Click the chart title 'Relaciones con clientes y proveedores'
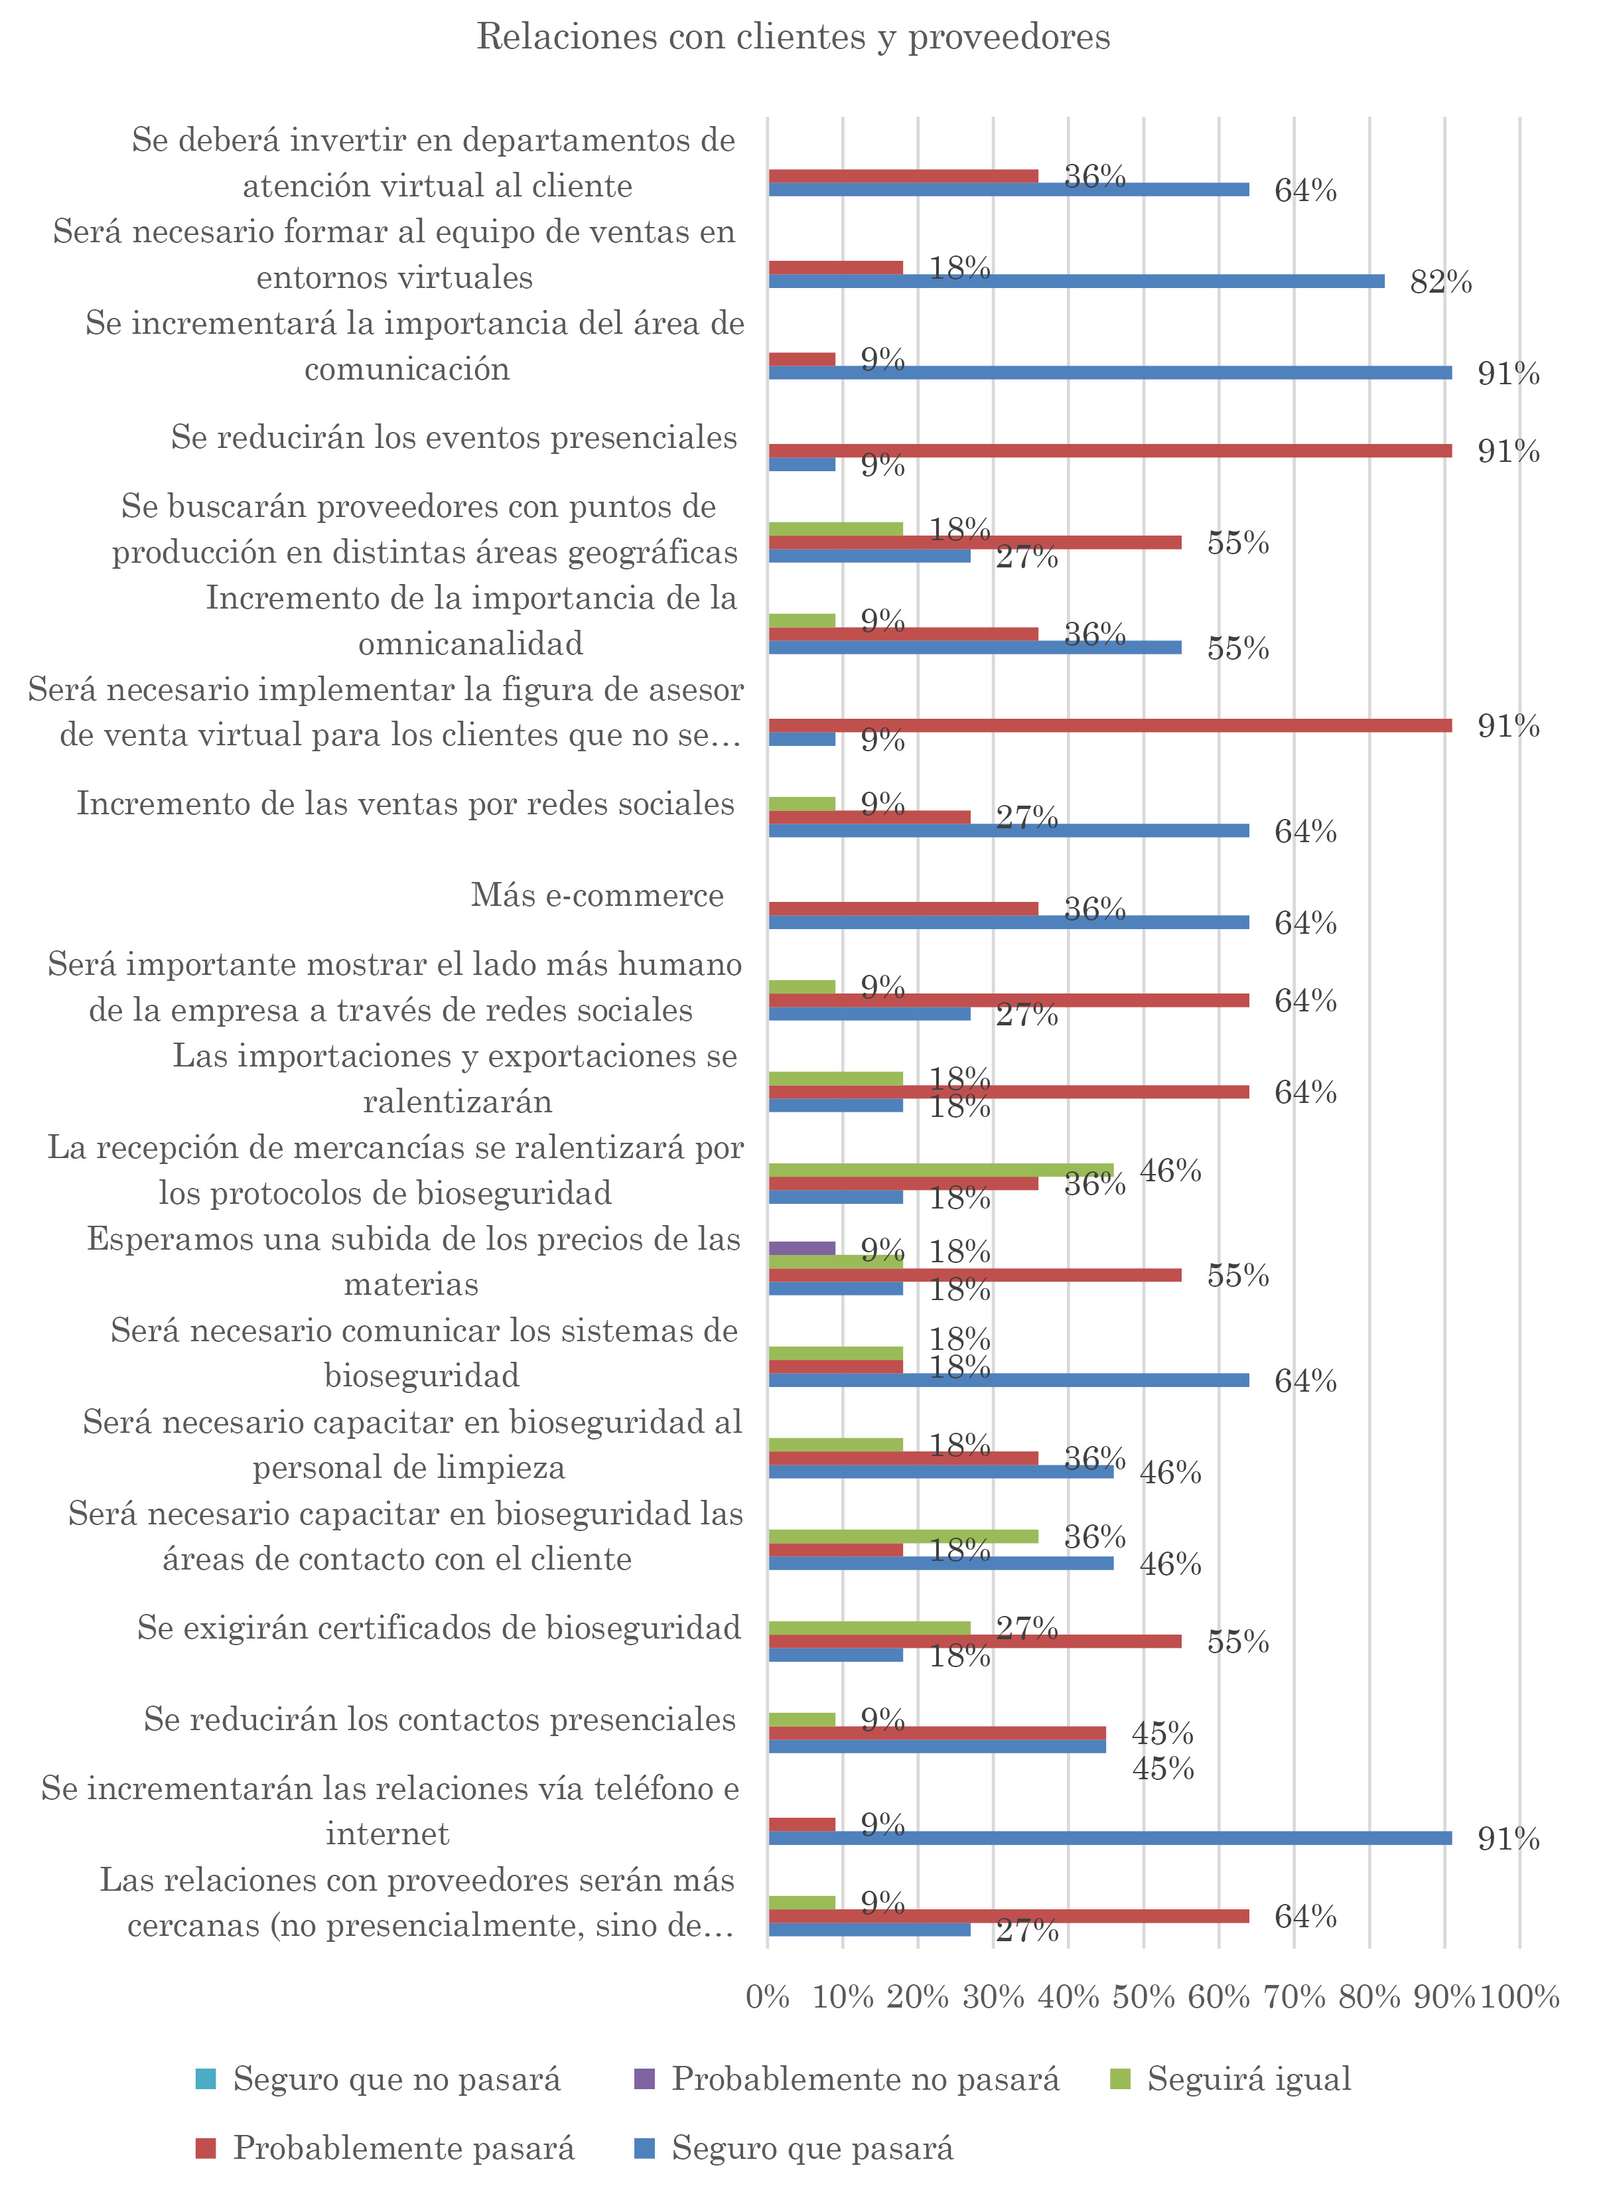[x=793, y=37]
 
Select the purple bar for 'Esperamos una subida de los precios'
[x=802, y=1248]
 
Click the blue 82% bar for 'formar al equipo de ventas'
[x=1076, y=281]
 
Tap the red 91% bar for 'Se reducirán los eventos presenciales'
[x=1109, y=451]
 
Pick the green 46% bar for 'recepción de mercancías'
[x=941, y=1169]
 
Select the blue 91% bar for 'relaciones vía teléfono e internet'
[x=1109, y=1838]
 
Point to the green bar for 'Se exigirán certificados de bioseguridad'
[x=869, y=1628]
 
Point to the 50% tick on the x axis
[x=1144, y=1998]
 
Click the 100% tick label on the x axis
[x=1519, y=1998]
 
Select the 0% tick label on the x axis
[x=768, y=1998]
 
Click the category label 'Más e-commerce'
[x=597, y=895]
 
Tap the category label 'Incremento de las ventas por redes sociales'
[x=405, y=804]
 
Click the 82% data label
[x=1440, y=282]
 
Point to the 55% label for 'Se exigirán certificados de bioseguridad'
[x=1237, y=1643]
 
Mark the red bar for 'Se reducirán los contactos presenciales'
[x=937, y=1733]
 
